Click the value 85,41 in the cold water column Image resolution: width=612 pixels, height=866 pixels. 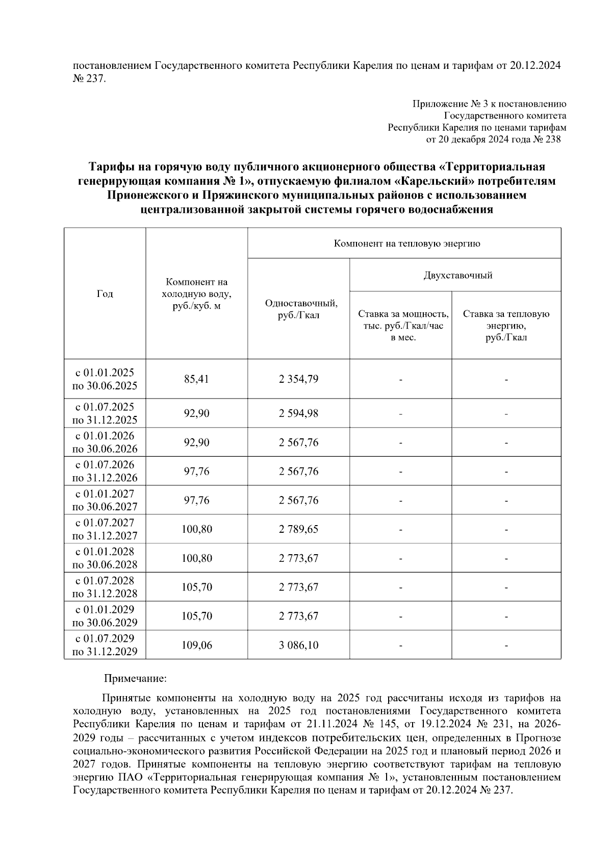(x=196, y=379)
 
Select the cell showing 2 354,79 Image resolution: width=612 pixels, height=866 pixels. (x=298, y=379)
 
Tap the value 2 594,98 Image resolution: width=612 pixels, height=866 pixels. (x=298, y=413)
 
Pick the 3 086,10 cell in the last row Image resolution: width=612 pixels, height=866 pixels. (x=298, y=645)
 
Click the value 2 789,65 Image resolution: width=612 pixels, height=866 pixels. (x=298, y=529)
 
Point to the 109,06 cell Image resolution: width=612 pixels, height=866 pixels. (x=196, y=645)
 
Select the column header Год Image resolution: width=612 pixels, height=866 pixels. (x=105, y=293)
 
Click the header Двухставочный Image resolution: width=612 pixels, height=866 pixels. (x=457, y=276)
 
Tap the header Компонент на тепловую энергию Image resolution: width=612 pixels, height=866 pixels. (x=406, y=243)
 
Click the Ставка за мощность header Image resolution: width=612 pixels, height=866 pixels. (x=403, y=314)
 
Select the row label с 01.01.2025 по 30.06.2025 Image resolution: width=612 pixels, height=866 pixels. (x=105, y=379)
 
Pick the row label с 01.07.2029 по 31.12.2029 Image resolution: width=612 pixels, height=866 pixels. (x=105, y=645)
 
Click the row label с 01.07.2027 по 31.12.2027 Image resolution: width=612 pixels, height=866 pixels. (x=105, y=529)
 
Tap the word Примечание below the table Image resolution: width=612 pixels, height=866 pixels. (x=135, y=679)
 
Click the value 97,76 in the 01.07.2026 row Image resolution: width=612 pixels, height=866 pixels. (x=196, y=472)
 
